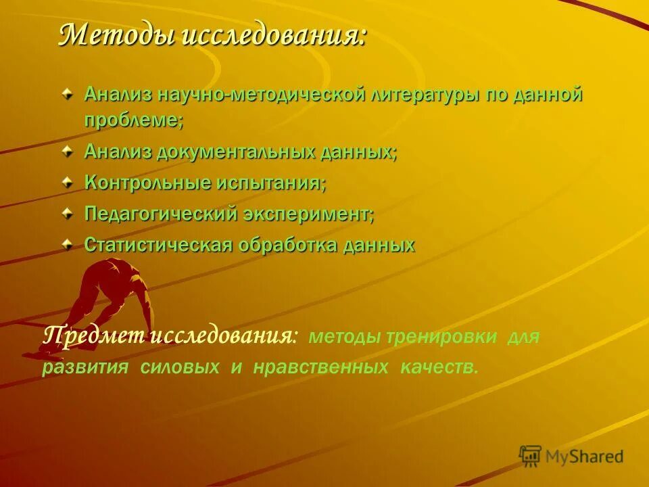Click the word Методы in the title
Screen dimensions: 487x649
[115, 34]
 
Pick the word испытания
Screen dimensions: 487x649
[272, 183]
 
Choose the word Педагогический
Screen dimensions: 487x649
[160, 214]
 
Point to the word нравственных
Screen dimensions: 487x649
[321, 367]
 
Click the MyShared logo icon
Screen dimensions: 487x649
[530, 455]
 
